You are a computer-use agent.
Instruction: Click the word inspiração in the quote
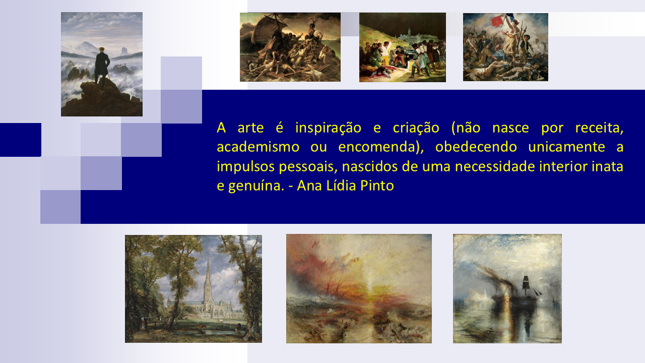pos(328,128)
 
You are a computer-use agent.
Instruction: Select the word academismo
pos(258,147)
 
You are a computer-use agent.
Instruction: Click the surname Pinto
pos(377,186)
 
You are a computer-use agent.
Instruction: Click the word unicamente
pos(567,147)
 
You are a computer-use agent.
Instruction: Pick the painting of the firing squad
pos(403,47)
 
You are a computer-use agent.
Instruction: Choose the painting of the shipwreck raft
pos(290,47)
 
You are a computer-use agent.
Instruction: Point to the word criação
pos(416,128)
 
